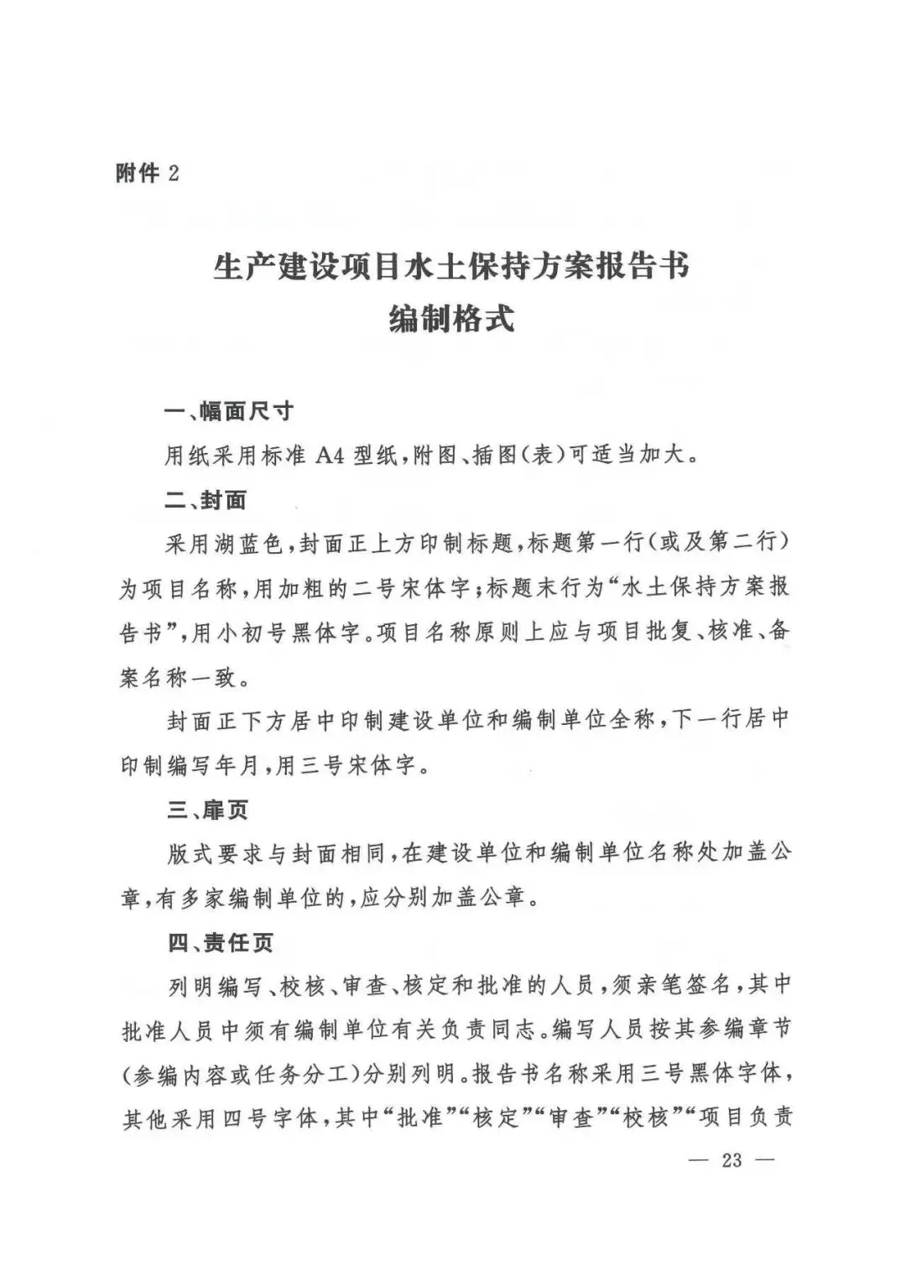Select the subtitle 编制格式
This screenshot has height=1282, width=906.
click(451, 320)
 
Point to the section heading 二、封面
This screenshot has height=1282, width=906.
click(206, 501)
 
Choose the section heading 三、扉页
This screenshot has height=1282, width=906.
click(207, 810)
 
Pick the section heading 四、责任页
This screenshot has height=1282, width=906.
click(220, 942)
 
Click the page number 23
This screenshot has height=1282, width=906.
click(732, 1160)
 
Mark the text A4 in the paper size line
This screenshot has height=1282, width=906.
click(330, 457)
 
